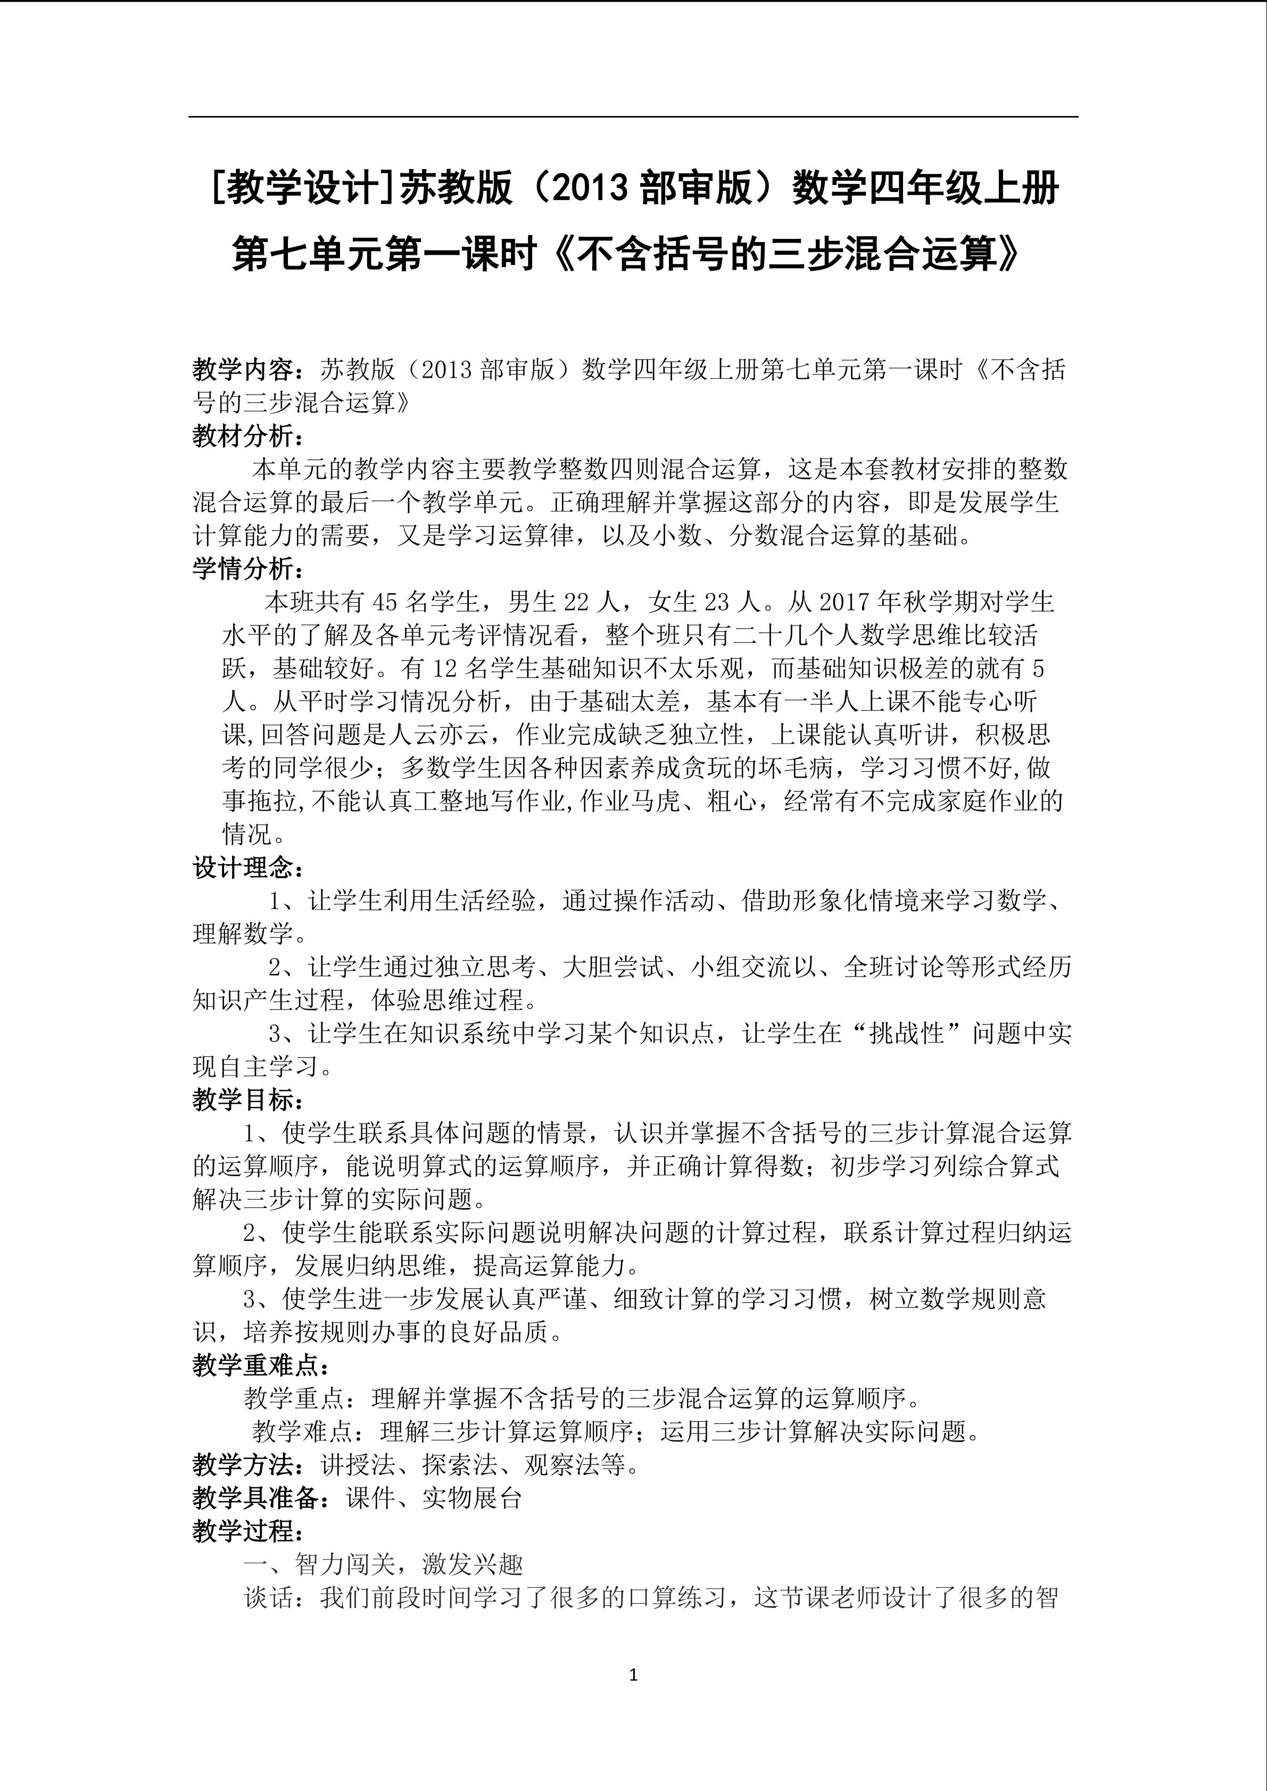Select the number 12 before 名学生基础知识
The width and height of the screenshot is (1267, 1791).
443,669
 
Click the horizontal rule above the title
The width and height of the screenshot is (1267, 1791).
633,118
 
